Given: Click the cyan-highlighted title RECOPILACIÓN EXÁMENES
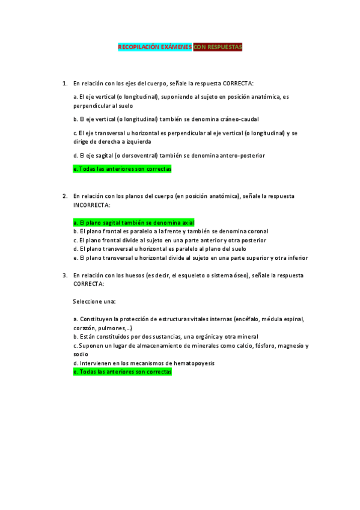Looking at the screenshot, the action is coord(154,47).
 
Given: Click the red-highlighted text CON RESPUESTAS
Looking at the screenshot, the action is coord(218,47).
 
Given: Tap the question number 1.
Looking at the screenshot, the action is coord(64,83).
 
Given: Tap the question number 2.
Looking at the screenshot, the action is coord(64,196).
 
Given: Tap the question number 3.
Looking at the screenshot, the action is coord(64,275).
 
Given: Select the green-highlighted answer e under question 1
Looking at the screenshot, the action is coord(122,169).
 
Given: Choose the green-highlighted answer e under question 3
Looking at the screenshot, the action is coord(122,372).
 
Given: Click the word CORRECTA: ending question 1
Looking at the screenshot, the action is coord(238,83).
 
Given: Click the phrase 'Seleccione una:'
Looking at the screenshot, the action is coord(94,301).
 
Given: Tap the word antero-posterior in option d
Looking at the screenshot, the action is coord(243,156).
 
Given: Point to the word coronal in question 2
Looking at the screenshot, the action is coord(257,231).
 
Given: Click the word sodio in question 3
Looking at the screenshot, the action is coord(80,354).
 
